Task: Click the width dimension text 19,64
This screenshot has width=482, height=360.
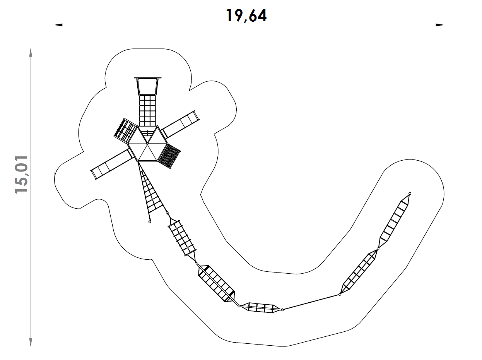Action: pos(246,15)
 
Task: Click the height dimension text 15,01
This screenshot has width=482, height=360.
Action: pos(22,174)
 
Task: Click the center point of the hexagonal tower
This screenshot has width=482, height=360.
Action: pos(147,144)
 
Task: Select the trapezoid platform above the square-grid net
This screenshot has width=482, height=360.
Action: pos(147,86)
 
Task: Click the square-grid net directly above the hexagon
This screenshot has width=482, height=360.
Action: pos(147,110)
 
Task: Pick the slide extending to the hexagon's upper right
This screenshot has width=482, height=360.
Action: pos(180,124)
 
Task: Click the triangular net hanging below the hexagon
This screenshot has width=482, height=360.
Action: pos(151,192)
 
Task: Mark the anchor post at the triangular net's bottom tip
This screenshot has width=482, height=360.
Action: pos(150,222)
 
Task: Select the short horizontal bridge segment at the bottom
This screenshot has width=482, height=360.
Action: pos(260,308)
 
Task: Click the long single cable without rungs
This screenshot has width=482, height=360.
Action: pos(311,302)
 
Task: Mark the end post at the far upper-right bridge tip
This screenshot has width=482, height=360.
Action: pos(410,194)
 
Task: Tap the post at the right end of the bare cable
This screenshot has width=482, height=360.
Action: pos(340,295)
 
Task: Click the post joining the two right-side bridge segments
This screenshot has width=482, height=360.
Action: pos(378,249)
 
